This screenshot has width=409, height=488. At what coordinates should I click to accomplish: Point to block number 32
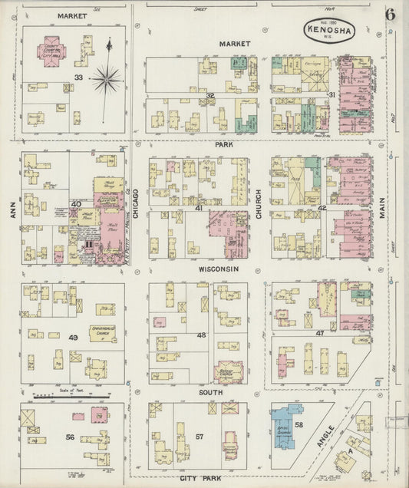(x=209, y=95)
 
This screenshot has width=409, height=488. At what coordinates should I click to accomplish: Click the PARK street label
(x=224, y=143)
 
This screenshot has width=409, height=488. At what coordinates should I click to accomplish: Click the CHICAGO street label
(x=136, y=205)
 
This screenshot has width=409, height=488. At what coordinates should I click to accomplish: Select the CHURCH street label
(x=259, y=205)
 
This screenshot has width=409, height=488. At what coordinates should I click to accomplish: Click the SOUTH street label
(x=210, y=392)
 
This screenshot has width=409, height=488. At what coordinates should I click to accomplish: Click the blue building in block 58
(x=285, y=423)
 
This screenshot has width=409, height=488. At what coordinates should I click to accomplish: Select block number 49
(x=74, y=338)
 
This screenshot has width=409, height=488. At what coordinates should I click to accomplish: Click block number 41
(x=198, y=208)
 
